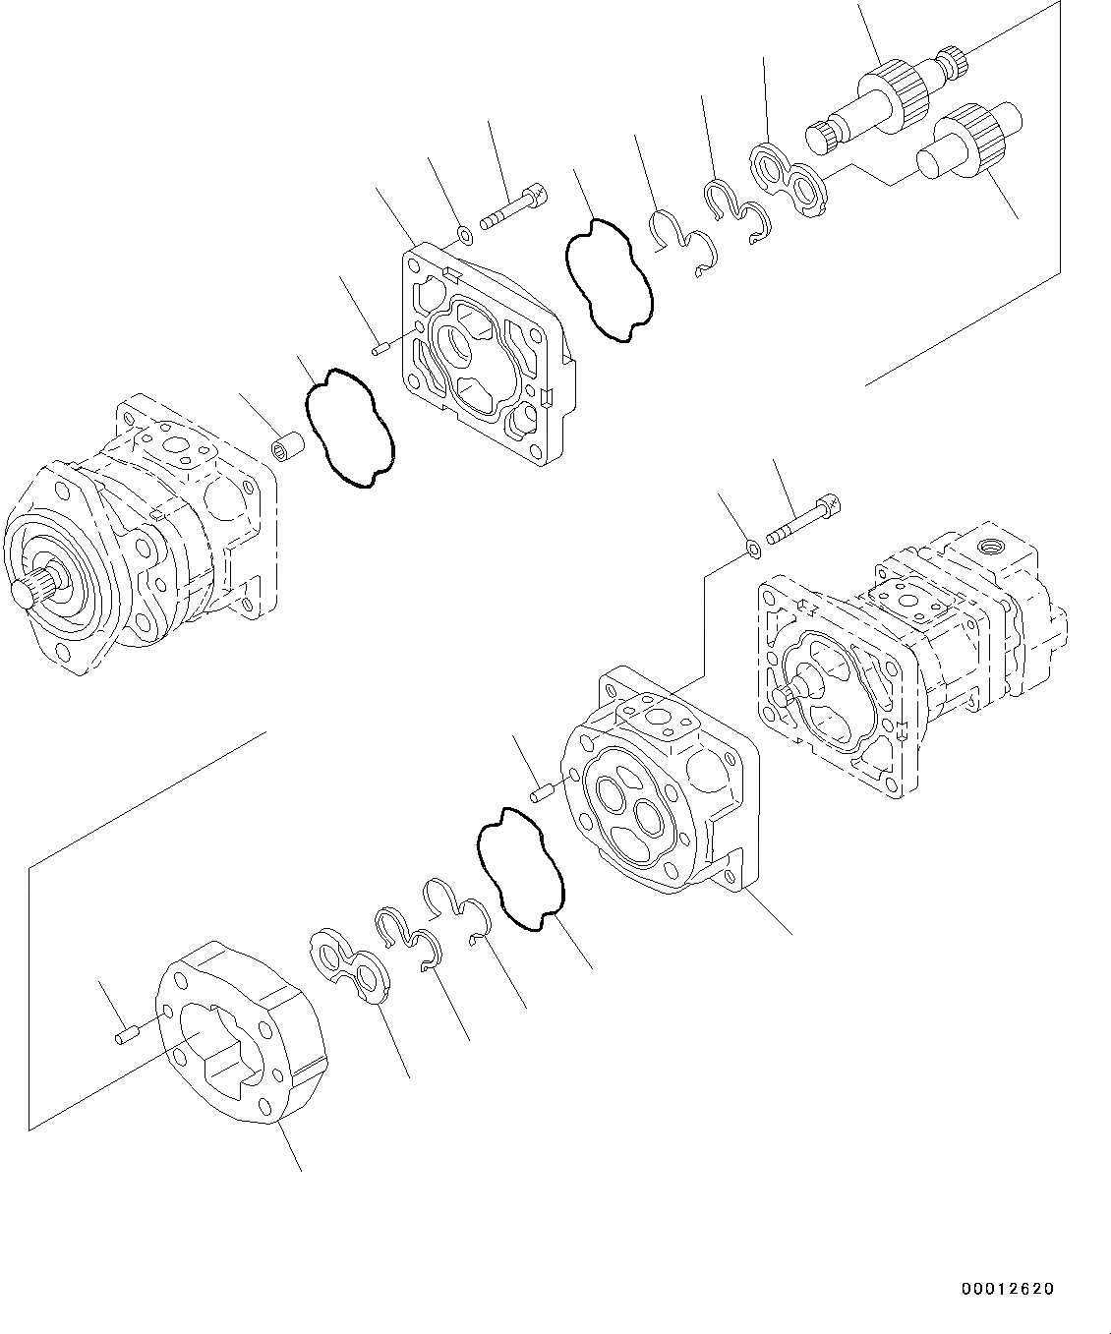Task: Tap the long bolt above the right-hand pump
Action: click(x=803, y=521)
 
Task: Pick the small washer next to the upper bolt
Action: click(x=466, y=235)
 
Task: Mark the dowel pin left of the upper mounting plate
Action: click(x=382, y=346)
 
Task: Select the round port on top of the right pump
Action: click(x=987, y=545)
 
